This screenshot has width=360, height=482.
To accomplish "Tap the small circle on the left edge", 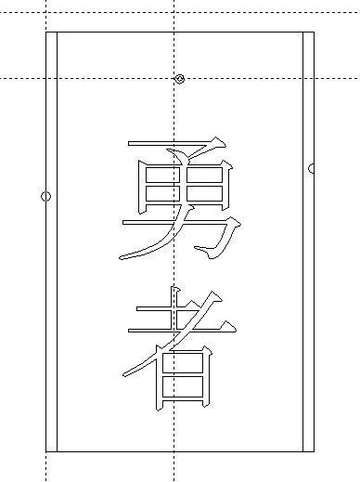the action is [46, 196].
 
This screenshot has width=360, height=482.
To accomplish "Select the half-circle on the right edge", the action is [312, 168].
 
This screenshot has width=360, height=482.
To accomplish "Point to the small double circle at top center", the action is [180, 79].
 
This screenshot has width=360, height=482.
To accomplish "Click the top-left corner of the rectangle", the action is [46, 33].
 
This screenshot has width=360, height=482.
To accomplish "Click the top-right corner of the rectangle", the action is [314, 33].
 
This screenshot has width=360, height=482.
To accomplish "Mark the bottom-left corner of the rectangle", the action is [46, 451].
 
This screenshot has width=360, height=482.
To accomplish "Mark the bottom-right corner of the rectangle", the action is [314, 451].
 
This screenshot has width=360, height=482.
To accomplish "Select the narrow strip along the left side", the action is [52, 279].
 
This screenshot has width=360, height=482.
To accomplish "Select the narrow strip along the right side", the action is [308, 279].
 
